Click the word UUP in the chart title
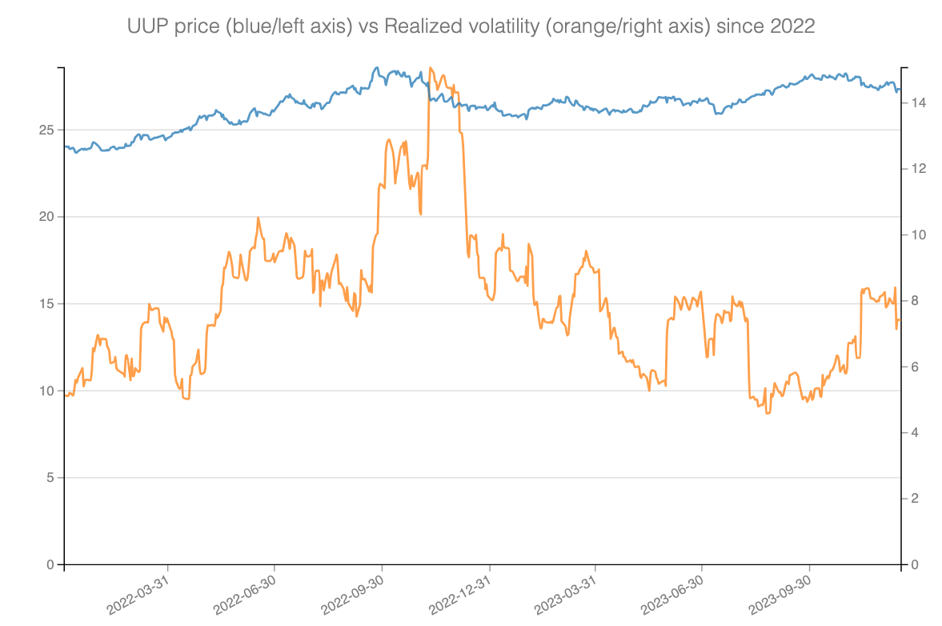coord(145,26)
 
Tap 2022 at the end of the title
coord(792,26)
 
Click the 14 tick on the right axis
coord(917,103)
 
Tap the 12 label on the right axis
coord(917,169)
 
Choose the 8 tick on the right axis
coord(914,301)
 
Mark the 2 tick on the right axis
coord(914,499)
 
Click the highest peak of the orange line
coord(431,68)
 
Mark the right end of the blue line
coord(900,89)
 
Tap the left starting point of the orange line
coord(65,395)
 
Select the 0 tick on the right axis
coord(914,565)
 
